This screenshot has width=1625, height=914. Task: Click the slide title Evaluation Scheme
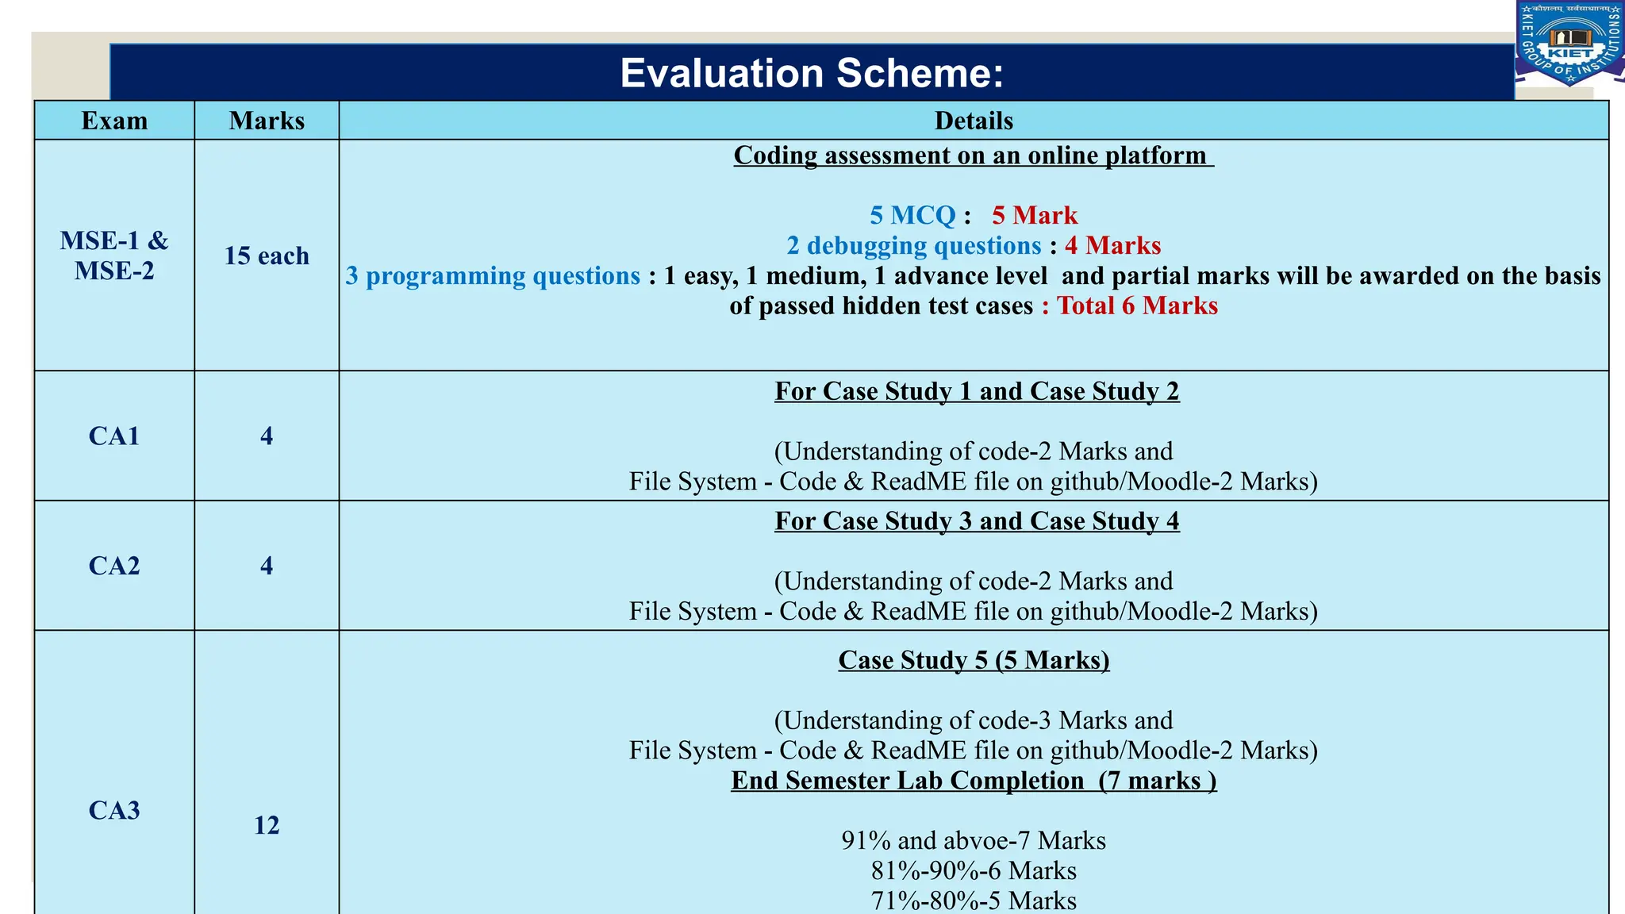tap(812, 73)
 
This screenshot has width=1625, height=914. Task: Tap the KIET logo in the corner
tap(1569, 43)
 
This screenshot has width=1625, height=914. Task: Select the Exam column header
tap(114, 121)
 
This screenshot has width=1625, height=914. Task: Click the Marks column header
tap(267, 121)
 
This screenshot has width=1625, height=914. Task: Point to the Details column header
tap(974, 121)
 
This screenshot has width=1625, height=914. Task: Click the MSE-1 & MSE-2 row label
tap(114, 255)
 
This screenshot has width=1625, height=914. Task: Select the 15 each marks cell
tap(267, 255)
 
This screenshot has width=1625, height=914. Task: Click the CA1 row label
tap(114, 436)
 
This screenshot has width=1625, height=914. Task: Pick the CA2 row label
tap(114, 566)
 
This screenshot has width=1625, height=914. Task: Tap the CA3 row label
tap(114, 810)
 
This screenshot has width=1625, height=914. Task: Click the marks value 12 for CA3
tap(267, 825)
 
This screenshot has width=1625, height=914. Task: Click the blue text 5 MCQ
tap(912, 215)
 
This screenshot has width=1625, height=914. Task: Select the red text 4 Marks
tap(1112, 245)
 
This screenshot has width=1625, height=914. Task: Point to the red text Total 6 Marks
tap(1137, 305)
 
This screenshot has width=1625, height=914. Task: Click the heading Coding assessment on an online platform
tap(974, 156)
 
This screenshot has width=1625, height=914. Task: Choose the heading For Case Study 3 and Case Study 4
tap(977, 521)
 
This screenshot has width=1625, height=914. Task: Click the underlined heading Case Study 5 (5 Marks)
tap(974, 660)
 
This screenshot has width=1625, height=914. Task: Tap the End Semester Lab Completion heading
tap(974, 781)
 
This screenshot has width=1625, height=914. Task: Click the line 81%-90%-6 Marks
tap(974, 870)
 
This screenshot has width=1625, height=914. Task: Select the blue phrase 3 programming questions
tap(493, 275)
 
